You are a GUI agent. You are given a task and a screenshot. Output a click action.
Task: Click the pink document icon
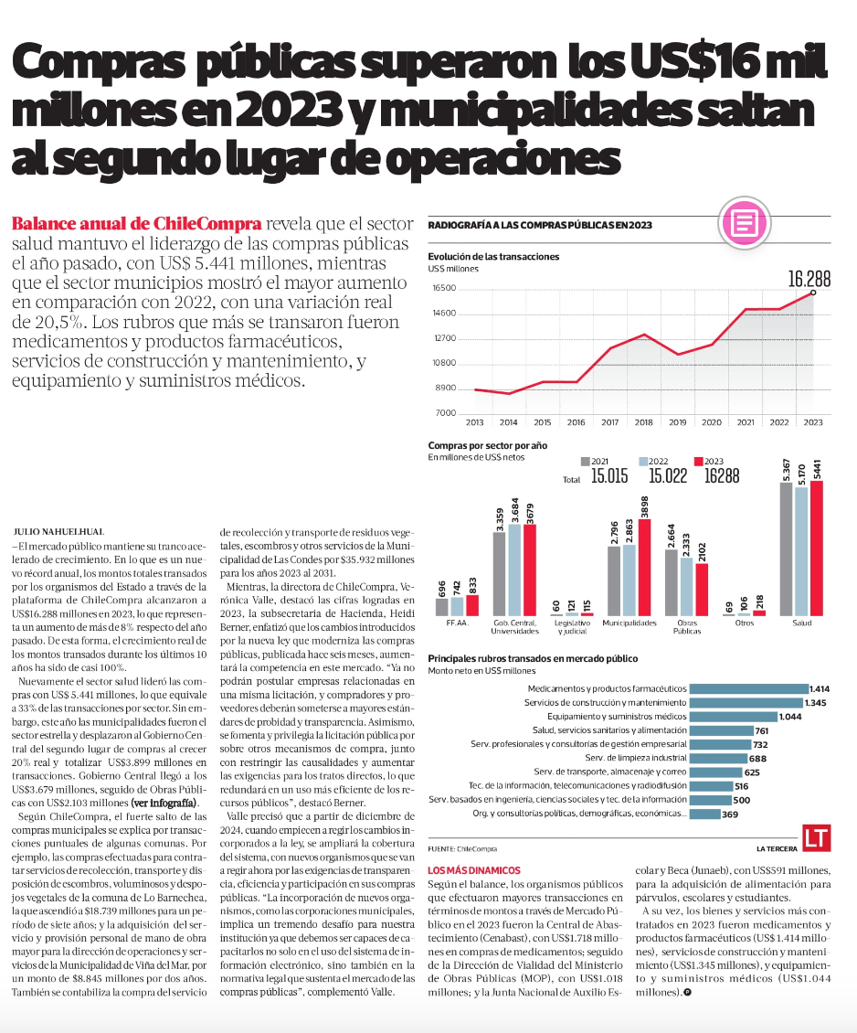[745, 223]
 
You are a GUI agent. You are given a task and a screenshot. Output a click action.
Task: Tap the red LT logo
[816, 838]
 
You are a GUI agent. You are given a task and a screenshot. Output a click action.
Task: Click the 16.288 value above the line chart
[809, 279]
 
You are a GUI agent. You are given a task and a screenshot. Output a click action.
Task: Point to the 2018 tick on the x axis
[643, 422]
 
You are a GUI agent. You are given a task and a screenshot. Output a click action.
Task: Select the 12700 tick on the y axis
[444, 338]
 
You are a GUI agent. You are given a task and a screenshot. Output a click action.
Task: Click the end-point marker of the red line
[813, 293]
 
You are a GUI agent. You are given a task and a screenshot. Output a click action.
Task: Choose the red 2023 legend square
[698, 461]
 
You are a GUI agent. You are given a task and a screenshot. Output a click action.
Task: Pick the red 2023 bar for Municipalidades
[644, 567]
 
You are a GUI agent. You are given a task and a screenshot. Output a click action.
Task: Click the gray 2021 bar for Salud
[786, 549]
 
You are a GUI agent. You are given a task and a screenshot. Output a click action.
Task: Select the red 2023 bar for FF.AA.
[472, 605]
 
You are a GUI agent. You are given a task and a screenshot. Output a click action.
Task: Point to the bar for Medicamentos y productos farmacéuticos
[748, 689]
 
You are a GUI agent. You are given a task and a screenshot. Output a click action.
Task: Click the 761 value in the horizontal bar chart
[762, 730]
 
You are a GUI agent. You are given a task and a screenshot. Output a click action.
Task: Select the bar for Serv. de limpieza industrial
[718, 758]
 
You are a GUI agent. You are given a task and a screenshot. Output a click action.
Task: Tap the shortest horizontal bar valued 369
[704, 815]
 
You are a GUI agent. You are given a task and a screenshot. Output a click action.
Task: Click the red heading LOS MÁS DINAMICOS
[474, 870]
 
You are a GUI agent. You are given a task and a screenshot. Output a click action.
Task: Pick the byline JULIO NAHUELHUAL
[58, 532]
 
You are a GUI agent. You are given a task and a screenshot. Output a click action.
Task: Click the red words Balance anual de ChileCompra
[136, 223]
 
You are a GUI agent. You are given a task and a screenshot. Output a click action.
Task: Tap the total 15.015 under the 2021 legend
[608, 475]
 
